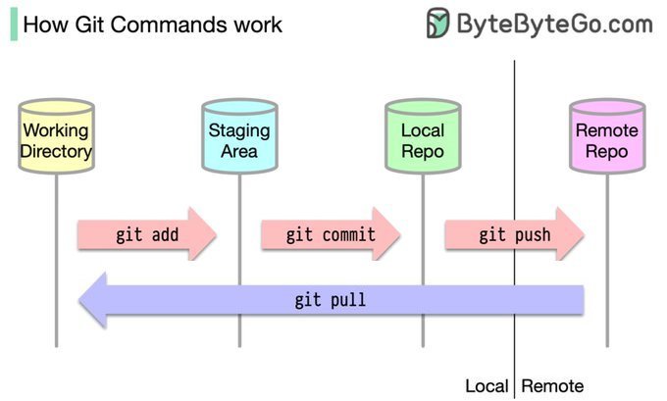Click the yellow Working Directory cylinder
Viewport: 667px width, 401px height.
tap(56, 140)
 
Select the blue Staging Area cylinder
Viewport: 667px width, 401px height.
tap(239, 140)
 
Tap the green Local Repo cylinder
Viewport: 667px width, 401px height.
tap(423, 140)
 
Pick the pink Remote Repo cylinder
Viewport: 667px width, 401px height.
tap(606, 140)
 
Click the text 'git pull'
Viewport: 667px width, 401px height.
tap(330, 299)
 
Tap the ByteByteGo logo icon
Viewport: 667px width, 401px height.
tap(438, 23)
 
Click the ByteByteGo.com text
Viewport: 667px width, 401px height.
tap(555, 23)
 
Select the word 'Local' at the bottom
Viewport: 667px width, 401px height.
tap(487, 385)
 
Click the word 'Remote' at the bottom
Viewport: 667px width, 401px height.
tap(552, 385)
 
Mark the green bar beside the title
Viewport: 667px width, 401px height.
tap(13, 24)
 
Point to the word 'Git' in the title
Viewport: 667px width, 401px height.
tap(91, 24)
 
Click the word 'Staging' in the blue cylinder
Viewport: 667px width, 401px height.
tap(239, 130)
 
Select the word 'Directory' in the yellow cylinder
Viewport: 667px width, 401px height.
tap(56, 151)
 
